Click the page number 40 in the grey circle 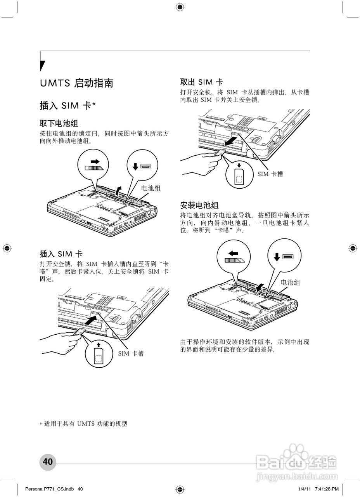(x=48, y=462)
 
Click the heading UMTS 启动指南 (x=76, y=83)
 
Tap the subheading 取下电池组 (x=59, y=123)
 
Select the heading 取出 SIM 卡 (x=201, y=82)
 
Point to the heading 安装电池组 (x=199, y=205)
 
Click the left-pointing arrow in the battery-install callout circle (x=234, y=253)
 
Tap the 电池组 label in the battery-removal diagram (x=151, y=188)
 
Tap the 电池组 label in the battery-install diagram (x=290, y=282)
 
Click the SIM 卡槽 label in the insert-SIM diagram (x=131, y=353)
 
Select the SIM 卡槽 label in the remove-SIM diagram (x=270, y=174)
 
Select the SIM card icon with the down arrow (x=239, y=176)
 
